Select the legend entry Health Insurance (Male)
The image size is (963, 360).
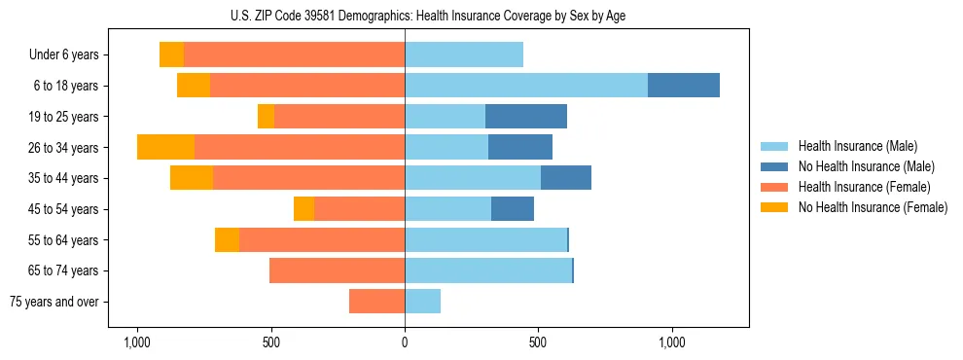(x=856, y=146)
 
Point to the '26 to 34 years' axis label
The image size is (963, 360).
(x=63, y=148)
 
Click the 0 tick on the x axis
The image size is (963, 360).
(x=405, y=343)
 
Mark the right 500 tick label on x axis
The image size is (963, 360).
(x=538, y=343)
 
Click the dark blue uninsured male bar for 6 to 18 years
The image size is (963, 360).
(x=684, y=86)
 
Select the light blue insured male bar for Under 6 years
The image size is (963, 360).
(x=464, y=54)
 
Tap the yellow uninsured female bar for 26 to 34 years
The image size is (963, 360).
(x=165, y=147)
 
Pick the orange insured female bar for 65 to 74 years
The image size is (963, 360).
(x=337, y=270)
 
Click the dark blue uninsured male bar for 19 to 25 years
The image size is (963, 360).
(x=526, y=117)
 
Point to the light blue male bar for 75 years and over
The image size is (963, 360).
(x=422, y=302)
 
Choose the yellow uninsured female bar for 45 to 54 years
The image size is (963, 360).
(x=303, y=209)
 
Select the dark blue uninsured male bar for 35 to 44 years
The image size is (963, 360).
(x=566, y=178)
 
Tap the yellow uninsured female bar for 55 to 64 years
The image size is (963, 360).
(x=227, y=239)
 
